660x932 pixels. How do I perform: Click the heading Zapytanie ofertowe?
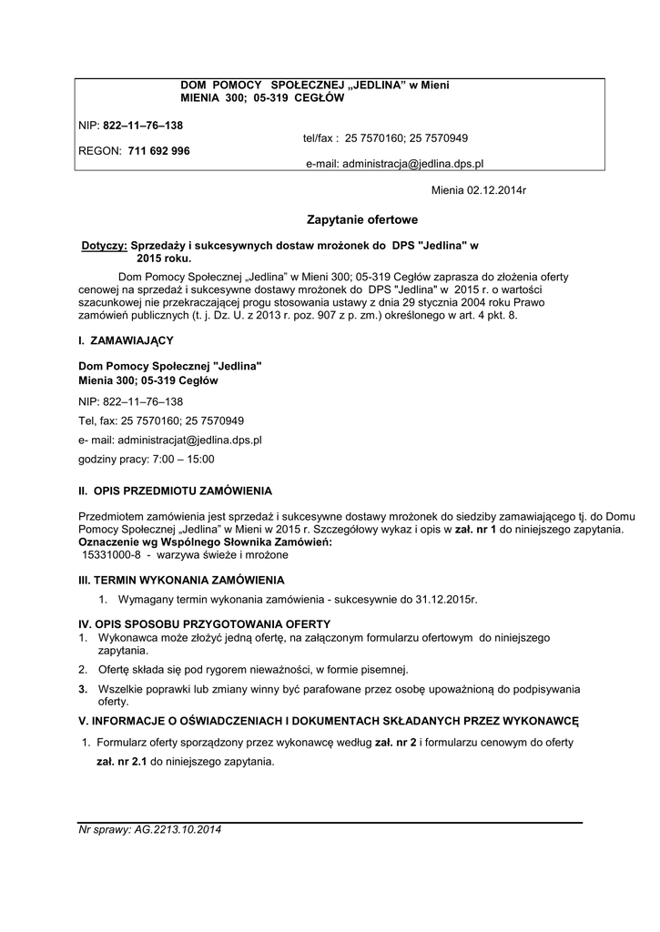[x=362, y=219]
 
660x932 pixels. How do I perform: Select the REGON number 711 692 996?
[x=159, y=151]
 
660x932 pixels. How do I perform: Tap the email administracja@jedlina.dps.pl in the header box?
[x=393, y=163]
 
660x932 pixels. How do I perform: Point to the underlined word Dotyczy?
[x=104, y=246]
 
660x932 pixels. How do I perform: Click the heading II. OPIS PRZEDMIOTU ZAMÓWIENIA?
[x=175, y=491]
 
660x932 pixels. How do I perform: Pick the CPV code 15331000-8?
[x=112, y=553]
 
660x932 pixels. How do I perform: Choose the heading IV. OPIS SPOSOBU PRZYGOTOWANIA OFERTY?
[x=205, y=623]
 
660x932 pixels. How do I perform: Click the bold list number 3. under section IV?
[x=83, y=689]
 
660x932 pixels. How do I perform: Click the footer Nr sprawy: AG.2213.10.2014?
[x=150, y=830]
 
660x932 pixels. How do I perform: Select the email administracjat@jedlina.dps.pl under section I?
[x=170, y=440]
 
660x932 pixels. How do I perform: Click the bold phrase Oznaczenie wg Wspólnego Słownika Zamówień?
[x=206, y=542]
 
